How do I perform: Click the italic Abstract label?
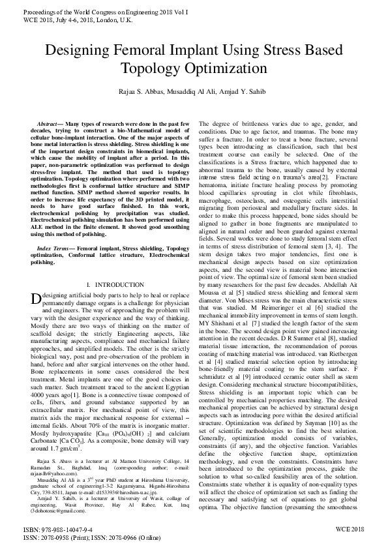48,123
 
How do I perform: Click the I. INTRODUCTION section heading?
110,285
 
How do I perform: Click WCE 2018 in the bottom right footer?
350,529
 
